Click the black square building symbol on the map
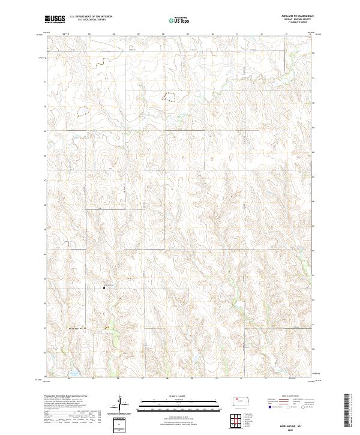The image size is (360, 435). (104, 287)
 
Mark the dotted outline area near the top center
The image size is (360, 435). (170, 96)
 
